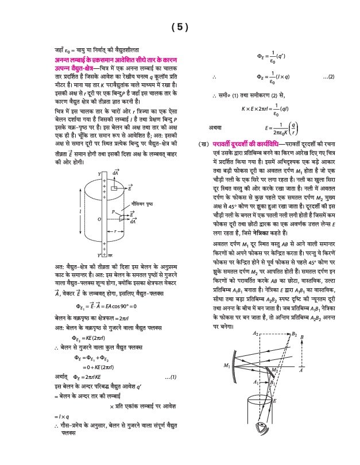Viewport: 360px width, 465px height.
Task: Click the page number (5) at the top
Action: pyautogui.click(x=180, y=27)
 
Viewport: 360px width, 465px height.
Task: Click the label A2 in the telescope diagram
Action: pyautogui.click(x=256, y=334)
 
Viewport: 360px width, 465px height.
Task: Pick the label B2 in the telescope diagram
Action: pyautogui.click(x=295, y=334)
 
